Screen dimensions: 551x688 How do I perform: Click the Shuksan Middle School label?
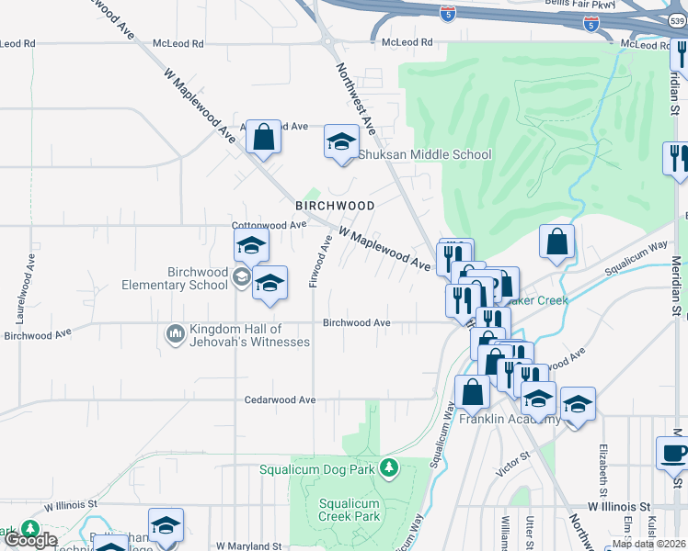tap(424, 155)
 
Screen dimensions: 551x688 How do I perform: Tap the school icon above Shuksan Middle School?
tap(341, 143)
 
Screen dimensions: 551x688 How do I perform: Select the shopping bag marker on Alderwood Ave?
tap(263, 138)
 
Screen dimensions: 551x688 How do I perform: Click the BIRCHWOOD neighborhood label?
tap(334, 206)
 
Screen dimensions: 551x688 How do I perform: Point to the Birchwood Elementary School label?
tap(197, 278)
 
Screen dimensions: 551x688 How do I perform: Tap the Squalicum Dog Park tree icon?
tap(389, 468)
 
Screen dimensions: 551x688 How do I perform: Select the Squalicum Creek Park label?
tap(350, 510)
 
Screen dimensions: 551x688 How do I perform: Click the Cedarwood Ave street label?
tap(280, 400)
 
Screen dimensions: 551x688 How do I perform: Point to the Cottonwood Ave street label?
tap(269, 225)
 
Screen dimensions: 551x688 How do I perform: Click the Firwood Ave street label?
tap(319, 261)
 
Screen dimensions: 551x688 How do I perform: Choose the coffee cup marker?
tap(674, 454)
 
